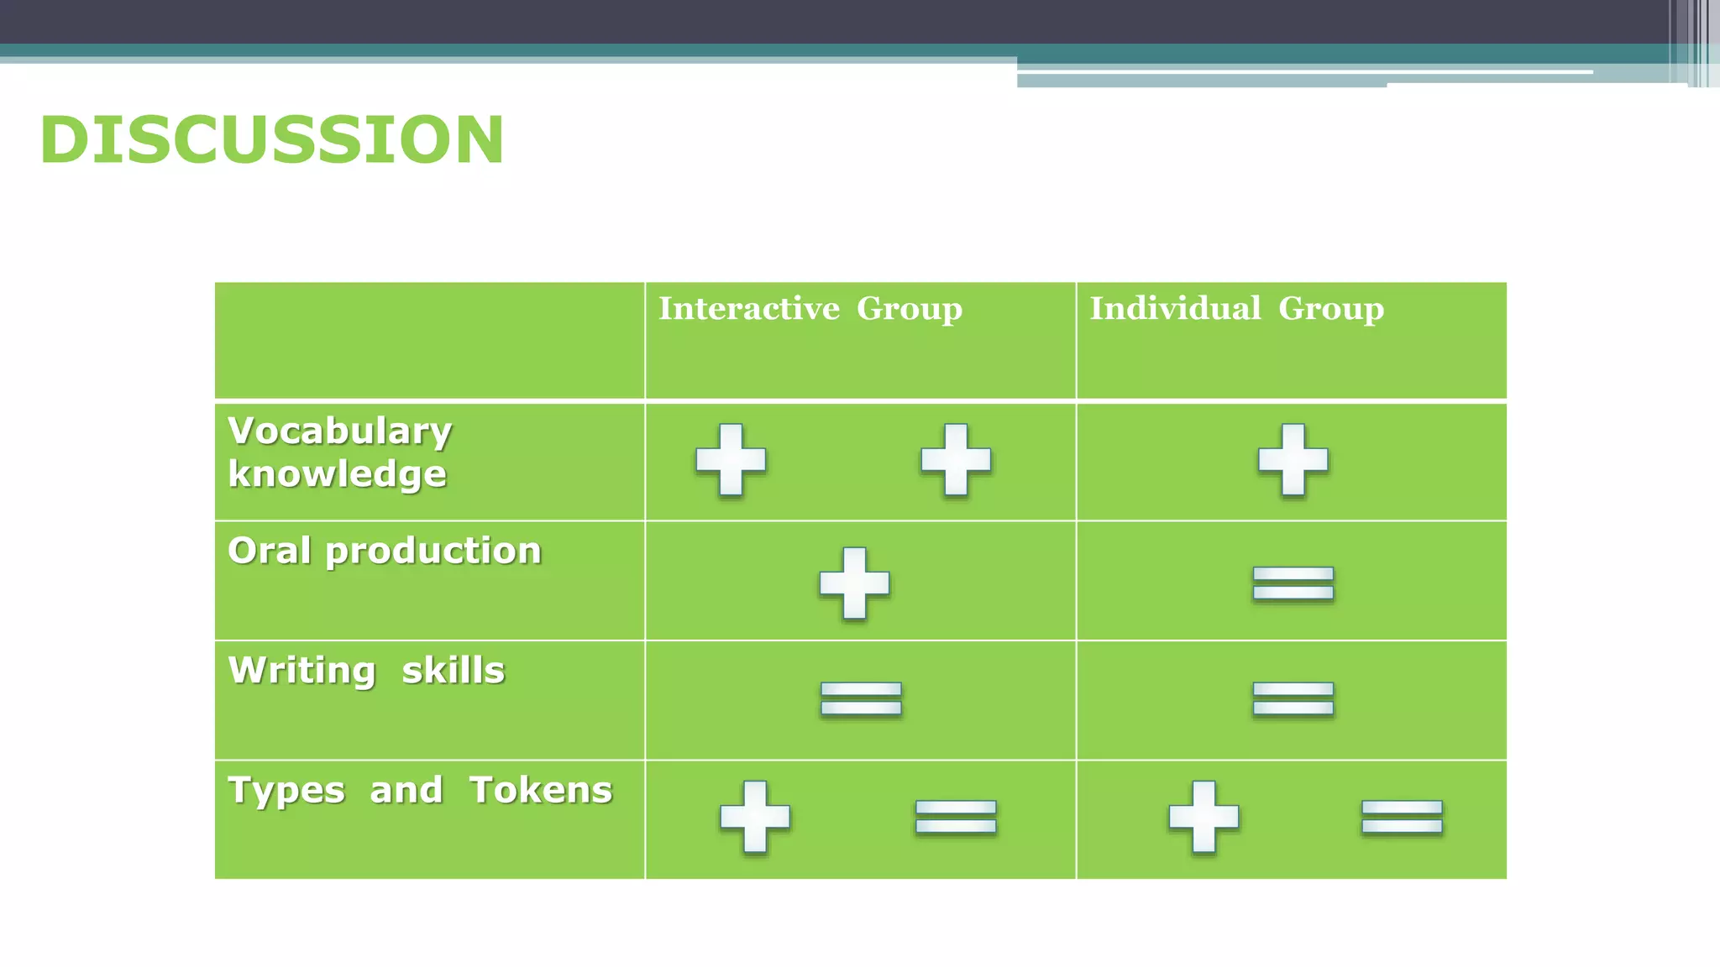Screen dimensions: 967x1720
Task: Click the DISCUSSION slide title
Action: (x=271, y=139)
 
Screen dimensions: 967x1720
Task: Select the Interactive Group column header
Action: (x=810, y=309)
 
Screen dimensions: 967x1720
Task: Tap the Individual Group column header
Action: (x=1236, y=309)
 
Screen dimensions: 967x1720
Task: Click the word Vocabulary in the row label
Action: (x=339, y=431)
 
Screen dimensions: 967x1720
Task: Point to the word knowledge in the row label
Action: (x=337, y=474)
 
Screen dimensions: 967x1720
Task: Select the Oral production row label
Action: (x=385, y=551)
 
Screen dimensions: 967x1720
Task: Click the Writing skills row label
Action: (x=366, y=671)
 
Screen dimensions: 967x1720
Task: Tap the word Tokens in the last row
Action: (x=541, y=791)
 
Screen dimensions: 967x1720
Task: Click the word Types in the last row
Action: (x=286, y=791)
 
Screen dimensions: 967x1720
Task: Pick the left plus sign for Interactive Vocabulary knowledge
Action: (x=731, y=460)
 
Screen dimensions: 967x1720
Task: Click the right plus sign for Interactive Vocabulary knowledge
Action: (x=956, y=460)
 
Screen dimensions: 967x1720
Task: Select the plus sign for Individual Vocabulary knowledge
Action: (x=1293, y=460)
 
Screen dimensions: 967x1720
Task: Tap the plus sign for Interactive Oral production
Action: (x=854, y=583)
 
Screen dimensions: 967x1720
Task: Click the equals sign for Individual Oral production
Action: (x=1293, y=583)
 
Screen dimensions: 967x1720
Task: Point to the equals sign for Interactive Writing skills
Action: (x=861, y=698)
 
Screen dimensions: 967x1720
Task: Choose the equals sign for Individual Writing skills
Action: (x=1293, y=698)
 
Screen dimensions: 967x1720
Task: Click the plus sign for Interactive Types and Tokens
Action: (x=755, y=817)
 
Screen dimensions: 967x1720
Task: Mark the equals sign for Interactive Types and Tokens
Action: (x=956, y=817)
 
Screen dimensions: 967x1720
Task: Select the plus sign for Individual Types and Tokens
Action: (x=1203, y=817)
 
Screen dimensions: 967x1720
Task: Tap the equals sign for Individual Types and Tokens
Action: (x=1402, y=817)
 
